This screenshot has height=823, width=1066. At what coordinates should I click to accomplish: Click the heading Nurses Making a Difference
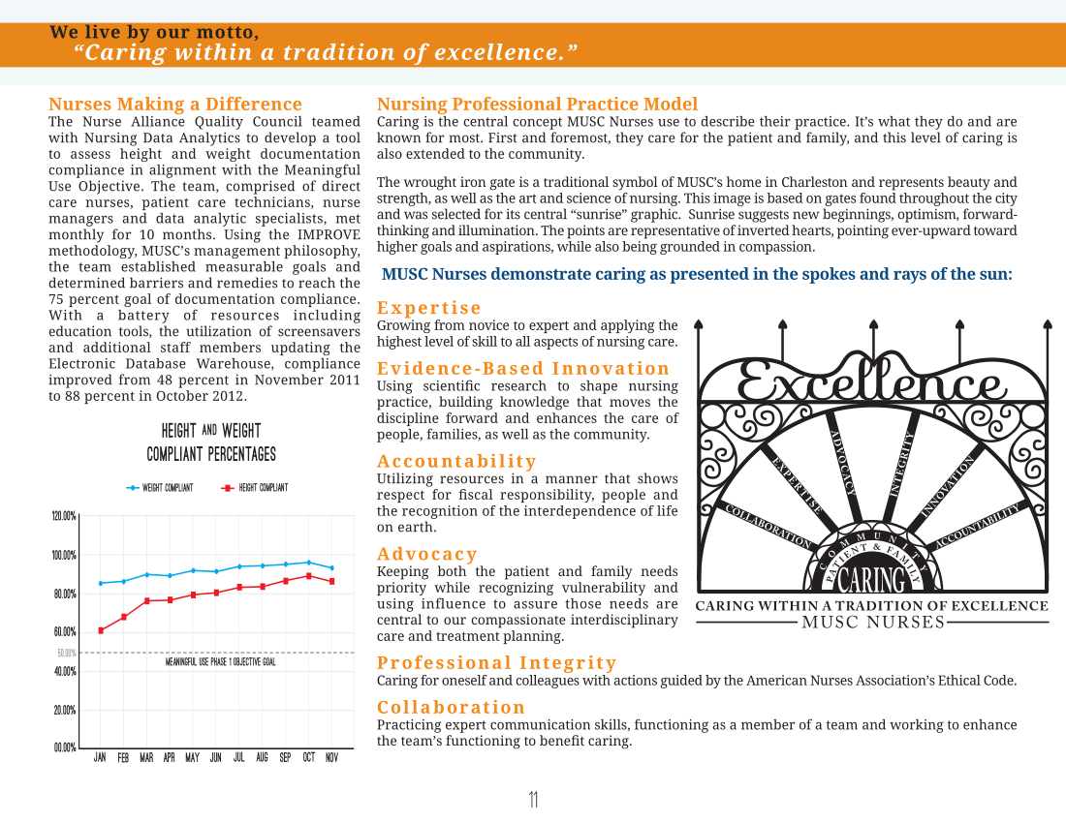point(175,104)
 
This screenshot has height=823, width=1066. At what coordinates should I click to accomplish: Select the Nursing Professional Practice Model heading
point(537,104)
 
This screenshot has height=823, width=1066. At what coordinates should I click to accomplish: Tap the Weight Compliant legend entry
point(160,488)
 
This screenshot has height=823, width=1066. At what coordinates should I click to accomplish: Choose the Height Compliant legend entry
point(255,488)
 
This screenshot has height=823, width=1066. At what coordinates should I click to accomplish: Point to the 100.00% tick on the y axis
point(64,556)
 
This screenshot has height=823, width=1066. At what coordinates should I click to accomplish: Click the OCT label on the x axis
point(308,757)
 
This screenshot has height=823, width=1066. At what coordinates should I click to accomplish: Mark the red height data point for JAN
point(102,631)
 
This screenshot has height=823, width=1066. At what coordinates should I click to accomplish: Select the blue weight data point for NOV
point(331,567)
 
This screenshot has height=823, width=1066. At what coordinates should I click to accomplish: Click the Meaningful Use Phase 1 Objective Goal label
point(221,661)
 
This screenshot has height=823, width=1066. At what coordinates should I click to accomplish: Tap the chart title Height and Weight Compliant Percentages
point(211,442)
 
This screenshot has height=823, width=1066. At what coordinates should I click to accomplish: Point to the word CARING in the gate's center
point(873,579)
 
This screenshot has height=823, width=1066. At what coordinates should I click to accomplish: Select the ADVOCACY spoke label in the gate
point(843,463)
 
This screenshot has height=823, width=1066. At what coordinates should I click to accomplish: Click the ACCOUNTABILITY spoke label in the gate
point(978,527)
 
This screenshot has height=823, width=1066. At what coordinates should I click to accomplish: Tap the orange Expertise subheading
point(429,308)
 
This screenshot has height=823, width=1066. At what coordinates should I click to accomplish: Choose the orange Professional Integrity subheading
point(497,662)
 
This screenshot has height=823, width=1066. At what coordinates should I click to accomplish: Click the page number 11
point(533,800)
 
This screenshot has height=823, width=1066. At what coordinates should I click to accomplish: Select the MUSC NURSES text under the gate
point(873,622)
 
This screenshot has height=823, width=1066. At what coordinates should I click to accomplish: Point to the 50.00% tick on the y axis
point(67,654)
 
